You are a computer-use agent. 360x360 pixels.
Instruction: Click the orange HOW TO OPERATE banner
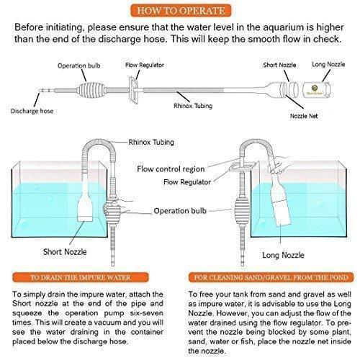click(181, 11)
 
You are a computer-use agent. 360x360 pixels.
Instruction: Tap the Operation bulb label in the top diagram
click(79, 66)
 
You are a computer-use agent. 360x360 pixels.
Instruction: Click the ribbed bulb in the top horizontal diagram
click(91, 90)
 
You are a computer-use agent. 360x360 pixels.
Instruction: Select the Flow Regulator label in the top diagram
click(145, 65)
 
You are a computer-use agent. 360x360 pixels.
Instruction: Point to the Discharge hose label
click(32, 111)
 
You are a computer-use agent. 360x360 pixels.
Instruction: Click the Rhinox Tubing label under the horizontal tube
click(193, 106)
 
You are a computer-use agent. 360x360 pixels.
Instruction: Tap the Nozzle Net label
click(304, 116)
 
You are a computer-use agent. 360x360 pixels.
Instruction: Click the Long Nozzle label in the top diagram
click(328, 64)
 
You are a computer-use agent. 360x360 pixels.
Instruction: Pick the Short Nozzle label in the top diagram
click(279, 65)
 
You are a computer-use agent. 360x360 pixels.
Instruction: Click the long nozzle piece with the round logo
click(317, 90)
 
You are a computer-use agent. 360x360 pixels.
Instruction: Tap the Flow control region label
click(171, 169)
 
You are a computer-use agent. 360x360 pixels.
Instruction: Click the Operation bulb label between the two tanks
click(180, 211)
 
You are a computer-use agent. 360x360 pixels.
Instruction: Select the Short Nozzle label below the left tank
click(65, 252)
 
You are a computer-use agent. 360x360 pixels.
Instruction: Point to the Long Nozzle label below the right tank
click(283, 255)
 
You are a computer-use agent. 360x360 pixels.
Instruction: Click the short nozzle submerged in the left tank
click(85, 203)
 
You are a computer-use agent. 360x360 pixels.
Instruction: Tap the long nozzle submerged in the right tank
click(281, 202)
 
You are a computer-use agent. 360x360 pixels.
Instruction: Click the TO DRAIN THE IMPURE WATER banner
click(81, 278)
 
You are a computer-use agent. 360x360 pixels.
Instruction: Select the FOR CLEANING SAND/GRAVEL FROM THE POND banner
click(271, 278)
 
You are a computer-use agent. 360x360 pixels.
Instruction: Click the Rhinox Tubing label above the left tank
click(151, 142)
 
